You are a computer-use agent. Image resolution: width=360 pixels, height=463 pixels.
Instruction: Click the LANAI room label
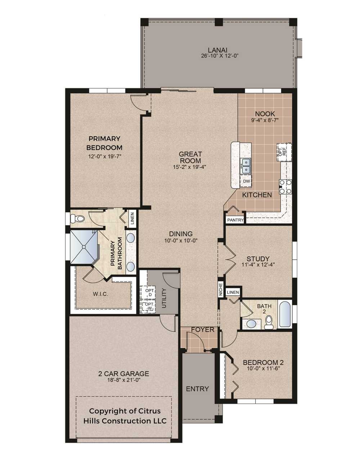pos(217,50)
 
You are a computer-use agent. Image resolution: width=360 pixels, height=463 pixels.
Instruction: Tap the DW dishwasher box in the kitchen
pos(246,181)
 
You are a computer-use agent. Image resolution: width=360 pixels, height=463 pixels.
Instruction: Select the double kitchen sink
pos(246,166)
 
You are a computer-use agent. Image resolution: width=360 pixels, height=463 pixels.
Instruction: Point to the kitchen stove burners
pos(285,187)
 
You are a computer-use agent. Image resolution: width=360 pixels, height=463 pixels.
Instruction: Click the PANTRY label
pos(235,220)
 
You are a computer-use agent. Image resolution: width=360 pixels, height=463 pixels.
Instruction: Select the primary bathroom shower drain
pos(84,247)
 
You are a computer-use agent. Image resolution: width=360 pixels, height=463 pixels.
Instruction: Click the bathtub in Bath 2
pos(285,314)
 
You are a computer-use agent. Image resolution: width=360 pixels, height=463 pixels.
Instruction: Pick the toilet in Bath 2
pos(269,322)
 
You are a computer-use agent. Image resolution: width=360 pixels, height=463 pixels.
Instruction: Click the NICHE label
pos(221,289)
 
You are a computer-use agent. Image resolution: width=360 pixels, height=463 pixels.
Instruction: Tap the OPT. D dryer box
pos(148,292)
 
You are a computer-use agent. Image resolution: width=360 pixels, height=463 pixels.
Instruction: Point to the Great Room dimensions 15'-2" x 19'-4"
pos(189,167)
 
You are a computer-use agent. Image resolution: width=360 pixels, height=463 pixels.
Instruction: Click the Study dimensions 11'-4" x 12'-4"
pos(258,264)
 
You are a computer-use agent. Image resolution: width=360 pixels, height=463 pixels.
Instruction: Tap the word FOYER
pos(202,330)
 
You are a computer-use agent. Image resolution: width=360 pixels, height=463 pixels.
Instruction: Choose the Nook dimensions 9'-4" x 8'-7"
pos(265,120)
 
